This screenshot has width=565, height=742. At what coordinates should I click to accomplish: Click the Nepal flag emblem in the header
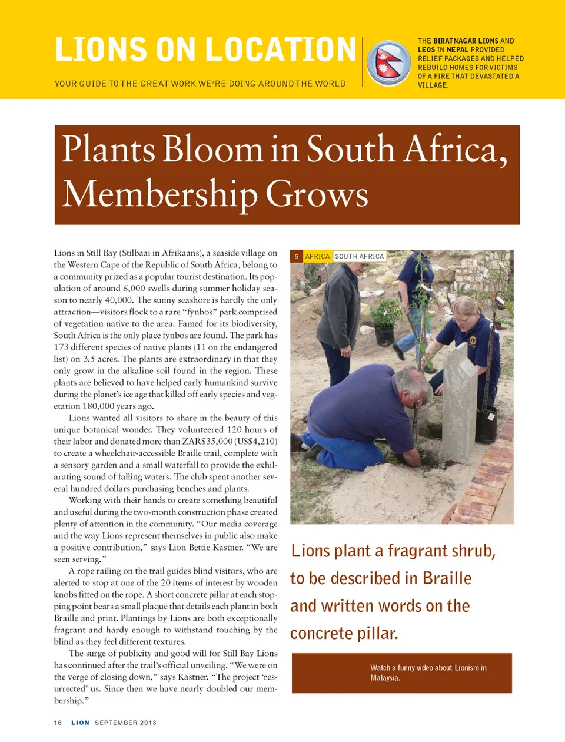(388, 62)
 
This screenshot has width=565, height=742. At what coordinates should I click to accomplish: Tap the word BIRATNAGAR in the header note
(455, 41)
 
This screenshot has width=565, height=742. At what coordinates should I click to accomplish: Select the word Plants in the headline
(110, 150)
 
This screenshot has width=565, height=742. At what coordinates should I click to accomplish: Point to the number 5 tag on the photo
(297, 257)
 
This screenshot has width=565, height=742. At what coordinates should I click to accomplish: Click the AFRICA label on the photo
(317, 257)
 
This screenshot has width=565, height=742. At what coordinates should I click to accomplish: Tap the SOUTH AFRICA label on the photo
(359, 257)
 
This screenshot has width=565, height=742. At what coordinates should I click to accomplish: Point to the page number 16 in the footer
(58, 723)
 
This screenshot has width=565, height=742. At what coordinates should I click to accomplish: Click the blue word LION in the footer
(80, 723)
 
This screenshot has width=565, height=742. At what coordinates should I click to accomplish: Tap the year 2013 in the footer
(148, 723)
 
